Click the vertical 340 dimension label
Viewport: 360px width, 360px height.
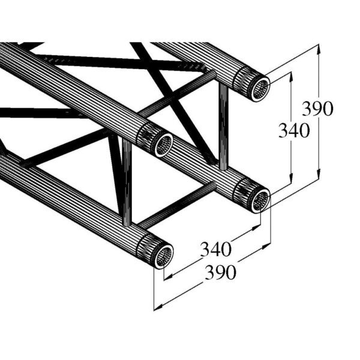[294, 130]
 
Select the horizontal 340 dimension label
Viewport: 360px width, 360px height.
[215, 247]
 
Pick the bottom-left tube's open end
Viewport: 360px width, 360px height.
[163, 257]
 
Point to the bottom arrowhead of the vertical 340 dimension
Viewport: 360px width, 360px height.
[291, 176]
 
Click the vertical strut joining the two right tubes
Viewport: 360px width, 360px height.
[223, 129]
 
